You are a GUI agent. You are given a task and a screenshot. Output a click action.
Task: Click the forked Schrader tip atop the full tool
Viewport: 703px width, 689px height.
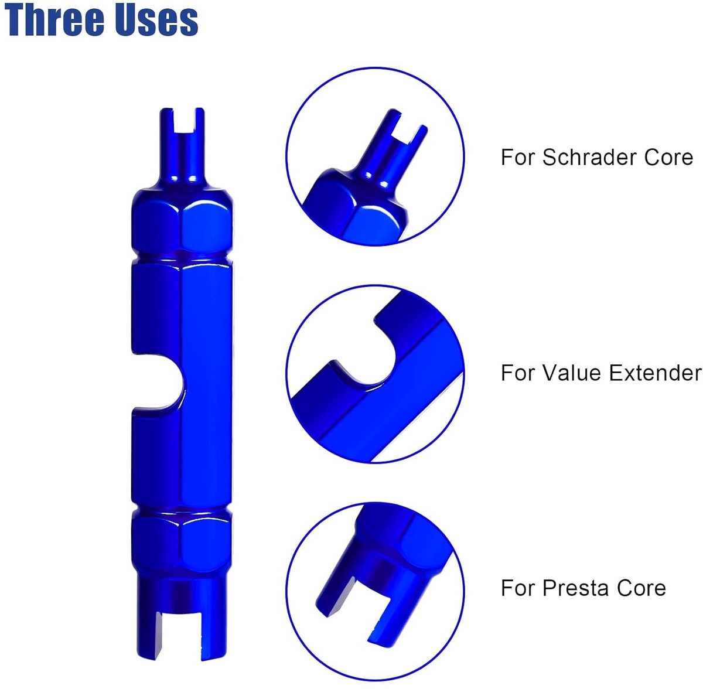182,146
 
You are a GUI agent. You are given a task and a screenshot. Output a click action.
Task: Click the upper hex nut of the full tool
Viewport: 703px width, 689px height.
182,221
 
